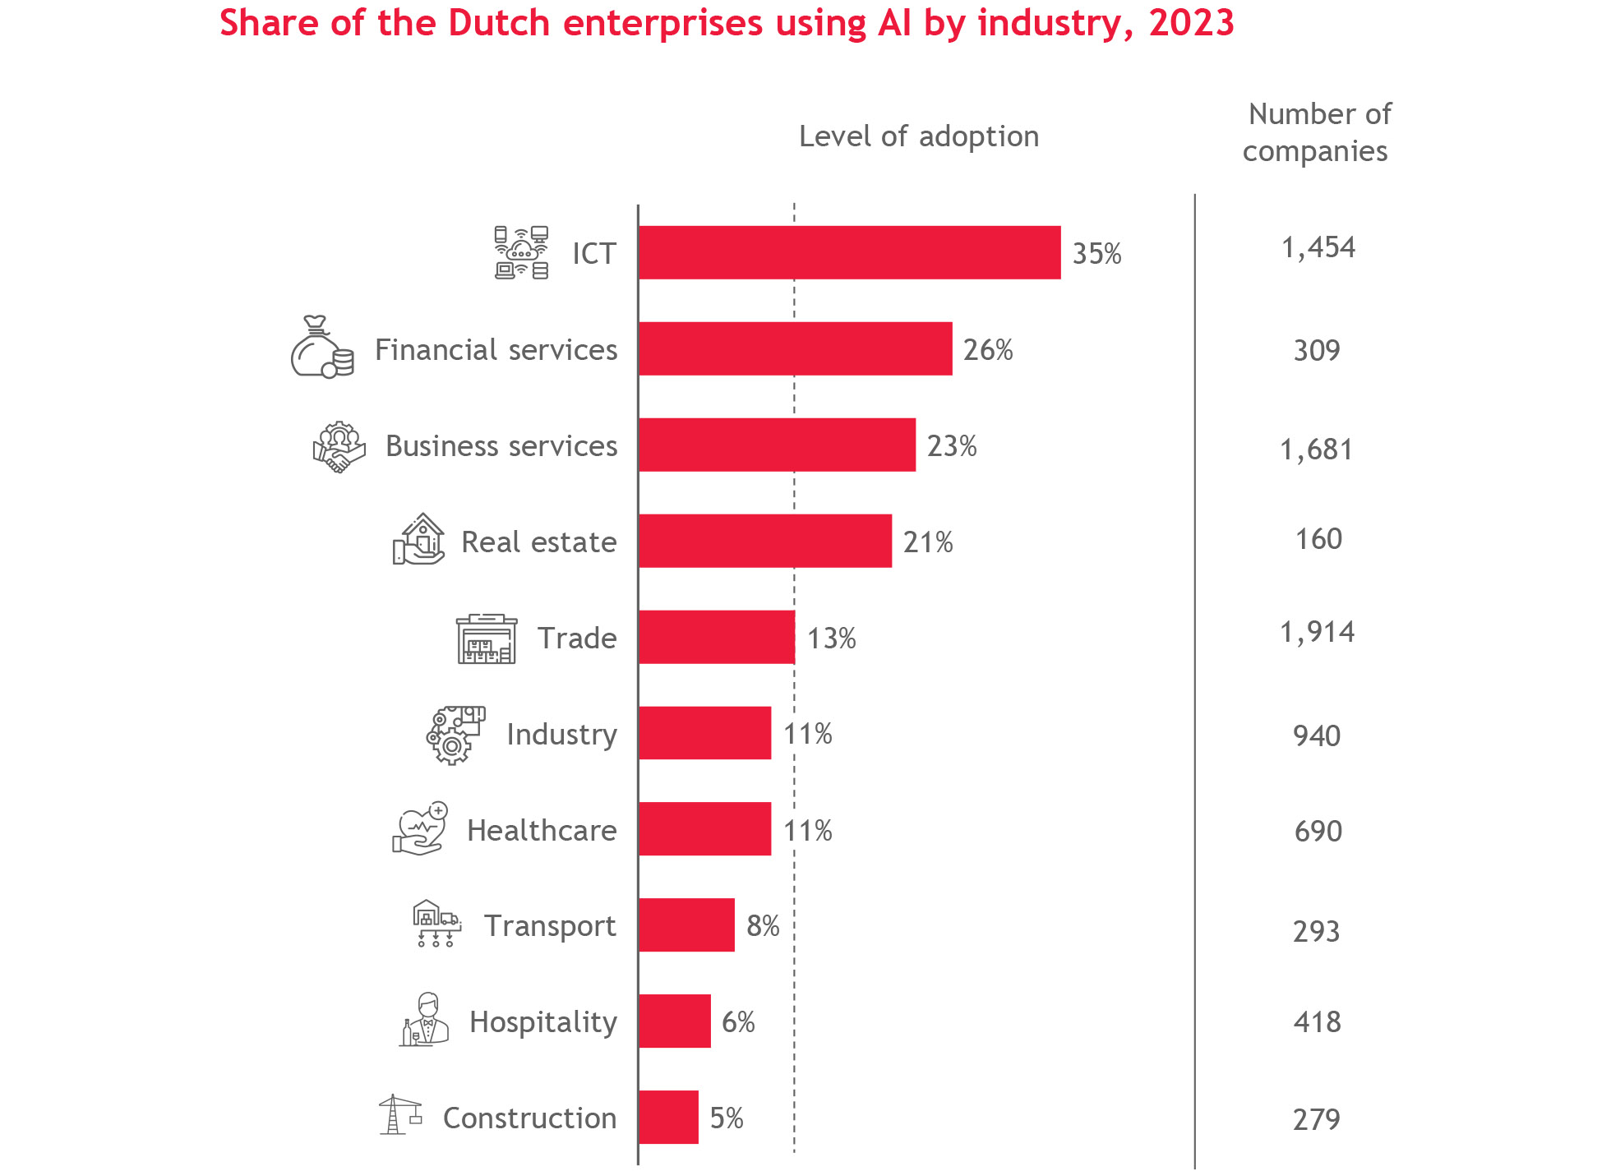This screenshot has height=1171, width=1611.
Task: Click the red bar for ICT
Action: coord(849,252)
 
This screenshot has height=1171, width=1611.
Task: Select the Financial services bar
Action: coord(795,348)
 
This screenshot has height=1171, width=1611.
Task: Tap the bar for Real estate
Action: coord(764,541)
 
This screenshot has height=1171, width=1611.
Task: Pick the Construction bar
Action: coord(668,1117)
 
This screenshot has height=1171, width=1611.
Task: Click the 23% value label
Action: coord(952,445)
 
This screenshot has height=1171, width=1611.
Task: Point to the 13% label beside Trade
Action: coord(831,638)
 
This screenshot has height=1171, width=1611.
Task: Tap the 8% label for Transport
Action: coord(762,925)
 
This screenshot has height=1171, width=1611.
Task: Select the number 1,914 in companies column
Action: coord(1317,631)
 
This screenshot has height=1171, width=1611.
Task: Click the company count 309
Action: coord(1317,350)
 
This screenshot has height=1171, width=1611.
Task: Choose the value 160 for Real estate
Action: coord(1318,538)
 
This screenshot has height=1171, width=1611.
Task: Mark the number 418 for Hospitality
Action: coord(1317,1021)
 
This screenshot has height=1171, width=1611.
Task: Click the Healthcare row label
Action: coord(542,830)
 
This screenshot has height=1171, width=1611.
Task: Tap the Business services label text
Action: coord(501,445)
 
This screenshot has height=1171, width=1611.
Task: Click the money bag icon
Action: coord(321,348)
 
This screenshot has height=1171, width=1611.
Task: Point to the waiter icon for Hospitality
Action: coord(424,1020)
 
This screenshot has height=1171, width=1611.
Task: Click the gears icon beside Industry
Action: coord(455,735)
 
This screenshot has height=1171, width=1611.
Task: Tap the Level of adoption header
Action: coord(919,136)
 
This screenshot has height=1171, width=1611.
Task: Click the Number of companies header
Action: coord(1317,132)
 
